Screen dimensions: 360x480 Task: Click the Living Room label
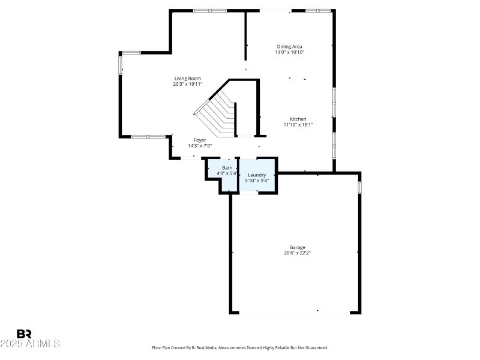187,78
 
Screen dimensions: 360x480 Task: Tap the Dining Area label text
289,46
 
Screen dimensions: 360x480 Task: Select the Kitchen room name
298,119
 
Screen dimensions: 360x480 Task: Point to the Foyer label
200,140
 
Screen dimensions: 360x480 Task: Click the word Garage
298,247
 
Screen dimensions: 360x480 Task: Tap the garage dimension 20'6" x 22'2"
298,253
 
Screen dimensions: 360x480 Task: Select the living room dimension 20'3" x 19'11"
187,84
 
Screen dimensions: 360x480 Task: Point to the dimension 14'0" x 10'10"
289,52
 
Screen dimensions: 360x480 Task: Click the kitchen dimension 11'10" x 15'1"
298,125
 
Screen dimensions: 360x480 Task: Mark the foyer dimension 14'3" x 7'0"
200,146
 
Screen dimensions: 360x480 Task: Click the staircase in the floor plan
219,111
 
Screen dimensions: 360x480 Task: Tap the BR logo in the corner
24,333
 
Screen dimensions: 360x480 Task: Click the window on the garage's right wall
359,188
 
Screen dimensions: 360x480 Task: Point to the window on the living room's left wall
120,64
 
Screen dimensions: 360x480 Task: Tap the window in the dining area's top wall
318,10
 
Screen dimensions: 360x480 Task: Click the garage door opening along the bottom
294,313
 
